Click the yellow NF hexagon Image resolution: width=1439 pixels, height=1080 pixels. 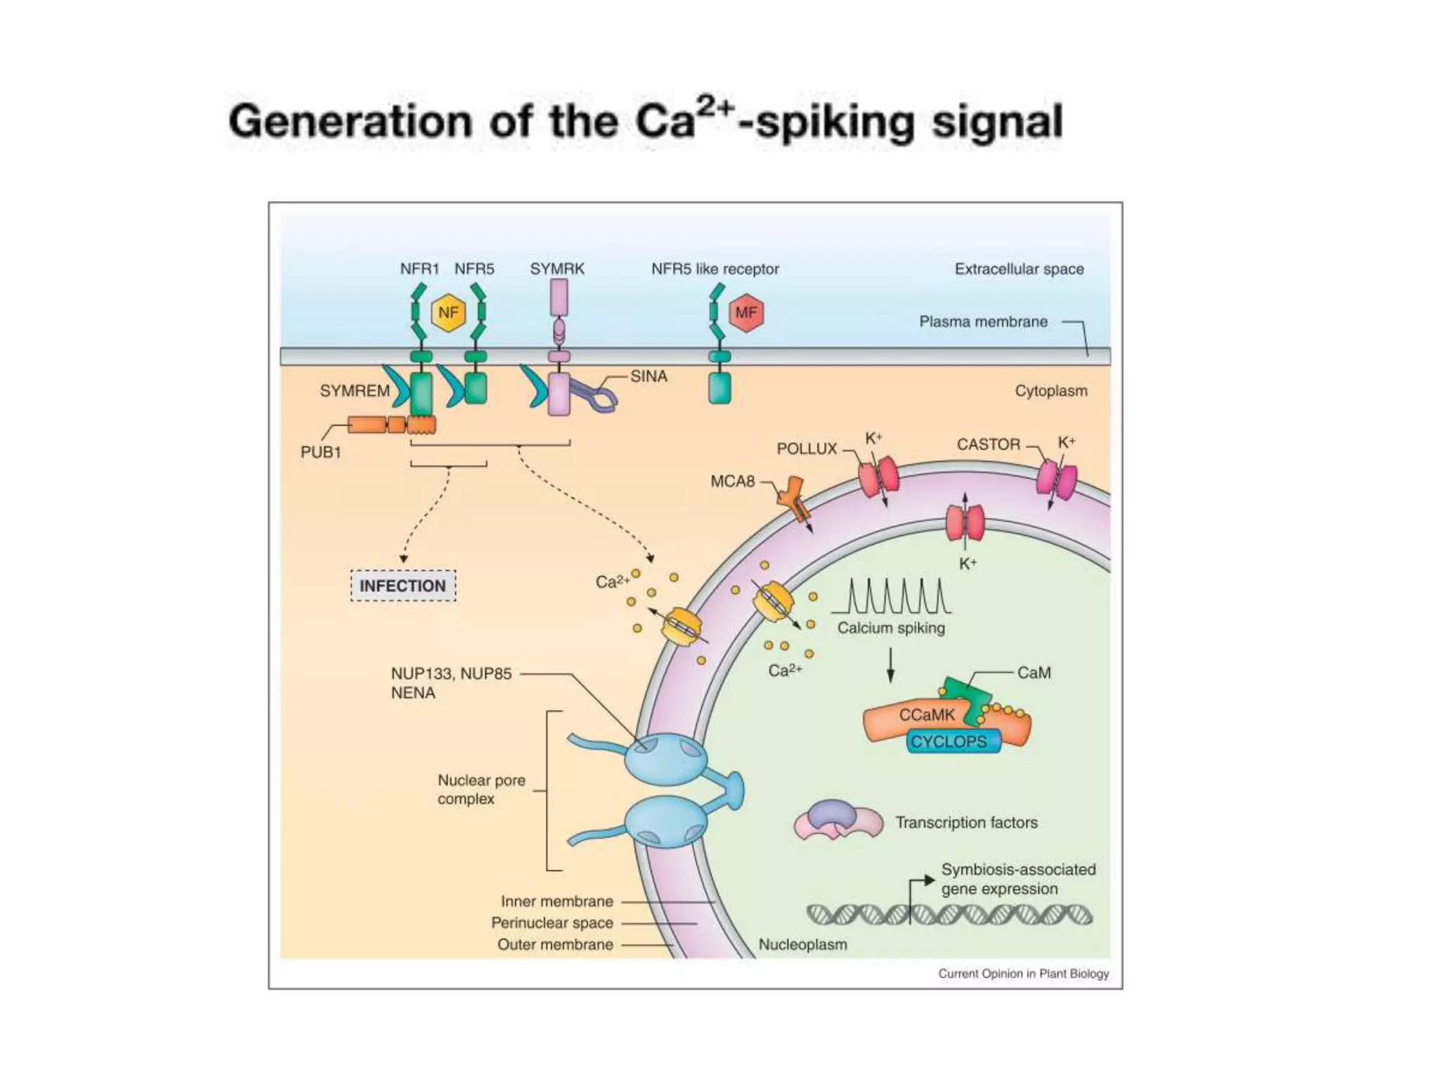point(448,313)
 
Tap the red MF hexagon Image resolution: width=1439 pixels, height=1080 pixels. point(746,313)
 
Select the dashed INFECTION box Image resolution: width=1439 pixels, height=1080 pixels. point(403,586)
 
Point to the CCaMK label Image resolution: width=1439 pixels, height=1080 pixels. point(927,715)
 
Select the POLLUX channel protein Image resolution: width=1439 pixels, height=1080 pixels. point(878,476)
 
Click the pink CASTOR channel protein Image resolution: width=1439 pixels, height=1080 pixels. point(1056,480)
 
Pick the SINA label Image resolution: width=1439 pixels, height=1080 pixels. point(649,377)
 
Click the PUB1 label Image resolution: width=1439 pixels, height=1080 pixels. point(320,452)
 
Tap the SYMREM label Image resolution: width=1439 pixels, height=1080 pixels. point(354,391)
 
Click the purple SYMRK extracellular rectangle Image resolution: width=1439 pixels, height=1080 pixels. point(559,297)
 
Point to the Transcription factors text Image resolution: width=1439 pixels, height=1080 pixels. point(966,823)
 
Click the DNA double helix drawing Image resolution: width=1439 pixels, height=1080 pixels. point(949,915)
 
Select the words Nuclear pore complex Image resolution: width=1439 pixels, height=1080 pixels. point(481,790)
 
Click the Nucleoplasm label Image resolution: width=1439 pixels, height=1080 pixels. point(802,945)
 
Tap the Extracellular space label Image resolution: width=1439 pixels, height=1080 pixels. point(1019,269)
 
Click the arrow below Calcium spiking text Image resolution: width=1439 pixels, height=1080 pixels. point(890,664)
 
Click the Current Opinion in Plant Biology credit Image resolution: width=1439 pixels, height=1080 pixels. point(1023,974)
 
